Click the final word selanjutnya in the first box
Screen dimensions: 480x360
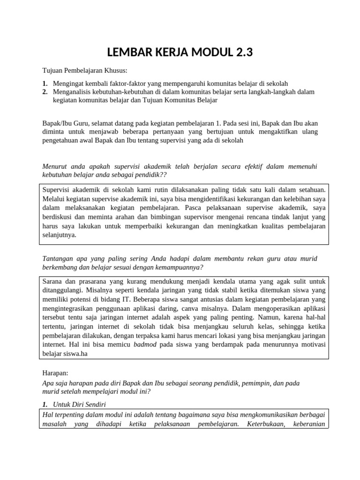tap(59, 235)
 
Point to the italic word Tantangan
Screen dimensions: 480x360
tap(57, 259)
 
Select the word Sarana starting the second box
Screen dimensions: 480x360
tap(53, 281)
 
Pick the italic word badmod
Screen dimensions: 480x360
tap(145, 345)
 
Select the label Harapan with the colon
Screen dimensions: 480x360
tap(55, 374)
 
